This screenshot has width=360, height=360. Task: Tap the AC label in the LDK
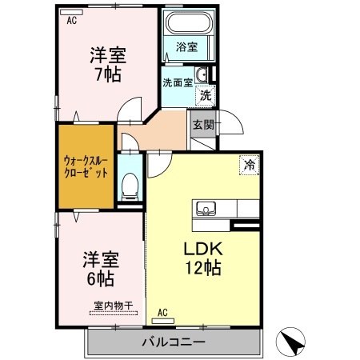click(x=162, y=311)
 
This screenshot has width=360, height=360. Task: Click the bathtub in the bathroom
click(x=186, y=24)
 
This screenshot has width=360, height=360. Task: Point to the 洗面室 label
click(x=177, y=82)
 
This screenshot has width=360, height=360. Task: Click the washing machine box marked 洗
click(x=206, y=95)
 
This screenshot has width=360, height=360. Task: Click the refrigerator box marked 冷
click(x=250, y=166)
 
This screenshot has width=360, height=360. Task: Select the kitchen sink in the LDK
click(x=206, y=210)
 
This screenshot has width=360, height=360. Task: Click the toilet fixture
click(x=130, y=186)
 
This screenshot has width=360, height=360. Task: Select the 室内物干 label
click(x=112, y=305)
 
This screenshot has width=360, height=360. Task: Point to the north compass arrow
click(x=292, y=343)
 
